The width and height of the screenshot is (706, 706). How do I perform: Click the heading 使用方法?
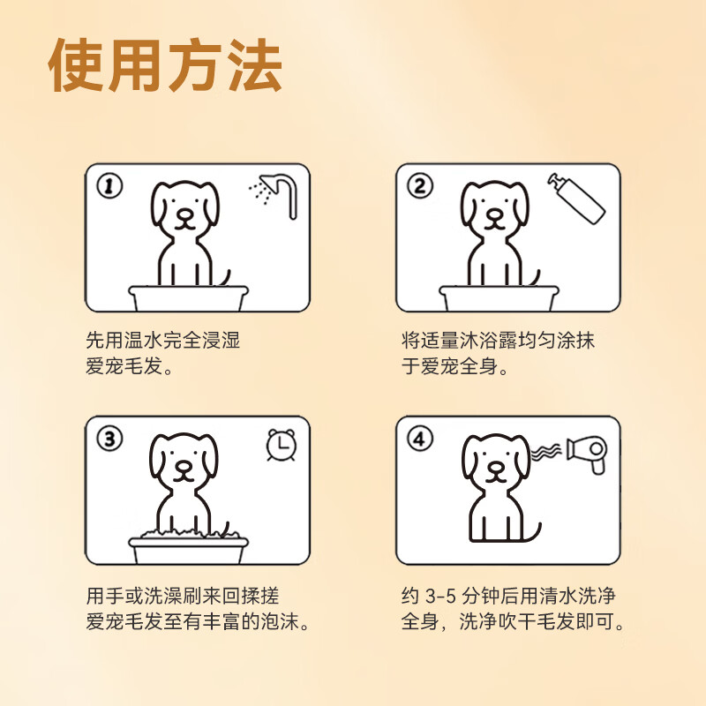coord(167,67)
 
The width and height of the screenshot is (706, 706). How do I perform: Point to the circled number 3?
coord(108,439)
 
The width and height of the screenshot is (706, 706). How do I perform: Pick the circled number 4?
coord(419,439)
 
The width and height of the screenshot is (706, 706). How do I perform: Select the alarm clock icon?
coord(282,445)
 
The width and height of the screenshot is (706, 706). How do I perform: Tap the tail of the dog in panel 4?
coord(532,532)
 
